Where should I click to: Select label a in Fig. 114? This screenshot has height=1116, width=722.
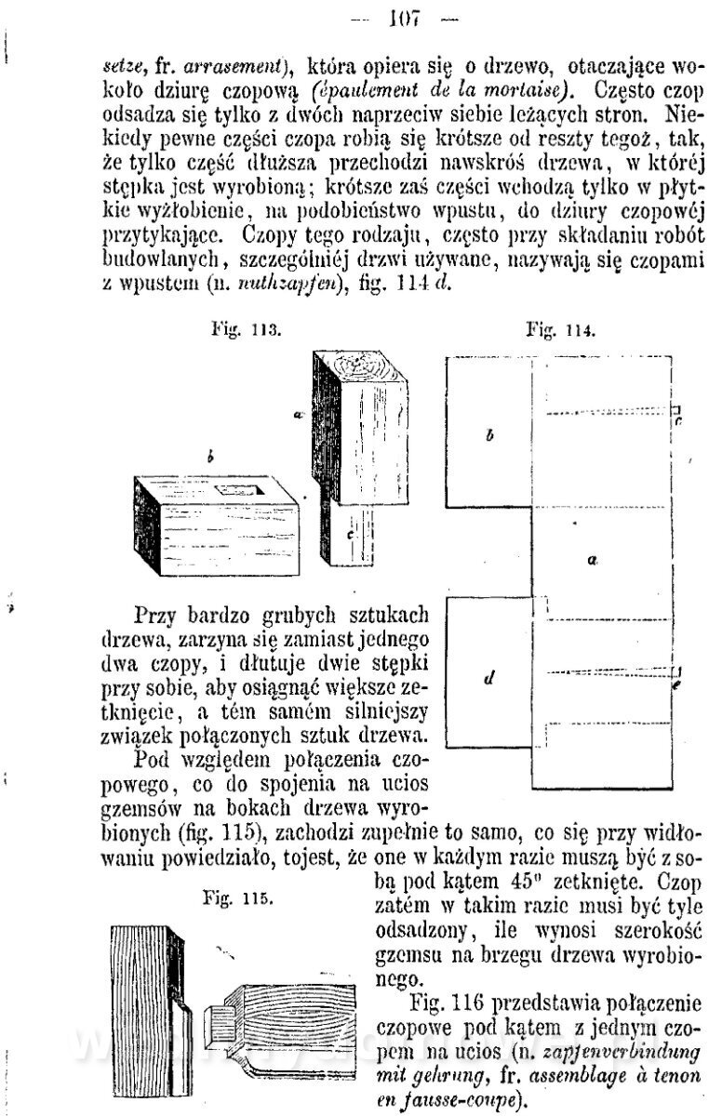(592, 560)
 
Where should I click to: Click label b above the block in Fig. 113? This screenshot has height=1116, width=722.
(211, 458)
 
